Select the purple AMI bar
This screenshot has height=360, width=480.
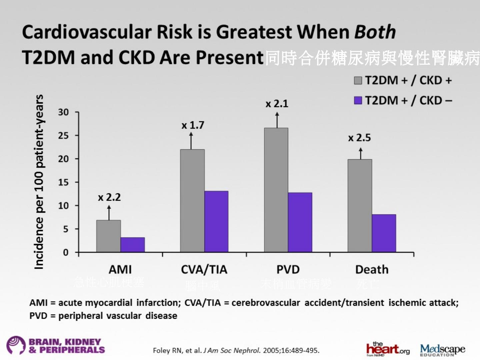click(133, 245)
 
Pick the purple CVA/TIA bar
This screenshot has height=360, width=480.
click(216, 221)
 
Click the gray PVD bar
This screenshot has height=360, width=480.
click(276, 190)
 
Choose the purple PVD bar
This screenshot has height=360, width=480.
click(300, 222)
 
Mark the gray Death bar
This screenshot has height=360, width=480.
click(360, 206)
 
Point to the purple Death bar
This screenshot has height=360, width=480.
click(384, 233)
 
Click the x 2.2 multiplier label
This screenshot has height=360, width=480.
click(109, 197)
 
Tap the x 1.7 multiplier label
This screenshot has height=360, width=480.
click(193, 125)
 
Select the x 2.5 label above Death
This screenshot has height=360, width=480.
click(359, 138)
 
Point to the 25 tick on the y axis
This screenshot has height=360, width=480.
click(63, 136)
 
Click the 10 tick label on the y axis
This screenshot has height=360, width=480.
click(63, 206)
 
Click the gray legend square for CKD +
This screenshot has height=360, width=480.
click(358, 81)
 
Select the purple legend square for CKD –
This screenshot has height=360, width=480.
click(358, 100)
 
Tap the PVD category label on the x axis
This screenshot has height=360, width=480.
click(288, 269)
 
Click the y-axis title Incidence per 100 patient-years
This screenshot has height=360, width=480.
click(39, 182)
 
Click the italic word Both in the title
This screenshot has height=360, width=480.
click(375, 32)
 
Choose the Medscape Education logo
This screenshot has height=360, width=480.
click(442, 350)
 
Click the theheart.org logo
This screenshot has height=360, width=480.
click(388, 349)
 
